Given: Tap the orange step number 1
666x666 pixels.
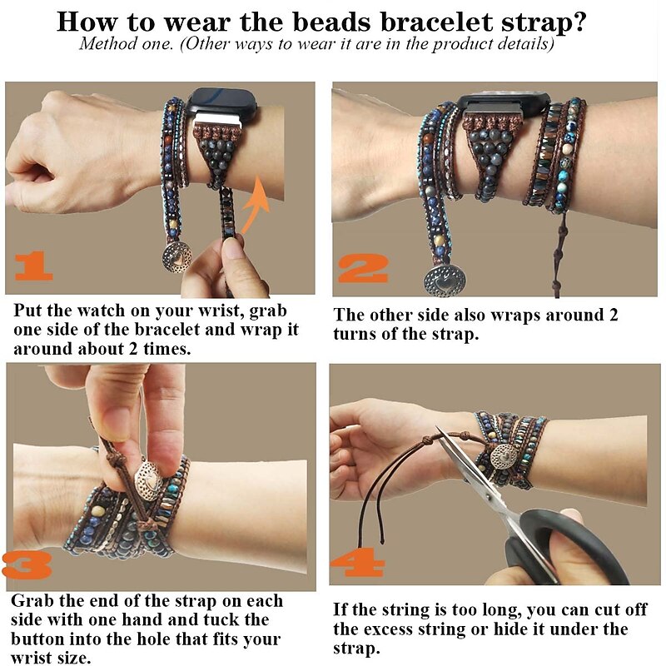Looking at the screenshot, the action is [x=34, y=266].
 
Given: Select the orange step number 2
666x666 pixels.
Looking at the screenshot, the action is [x=363, y=268].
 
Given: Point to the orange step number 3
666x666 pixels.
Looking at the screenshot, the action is [x=27, y=565].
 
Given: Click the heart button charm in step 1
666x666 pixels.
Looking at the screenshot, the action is [x=176, y=256].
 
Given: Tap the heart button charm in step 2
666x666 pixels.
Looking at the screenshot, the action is [x=445, y=281].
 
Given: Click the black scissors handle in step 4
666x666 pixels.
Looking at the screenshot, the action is [x=565, y=548].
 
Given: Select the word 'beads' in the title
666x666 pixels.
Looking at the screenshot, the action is [x=331, y=22].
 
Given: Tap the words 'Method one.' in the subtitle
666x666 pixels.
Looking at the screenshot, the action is [x=127, y=44].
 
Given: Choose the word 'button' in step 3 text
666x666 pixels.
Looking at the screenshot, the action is [x=37, y=639].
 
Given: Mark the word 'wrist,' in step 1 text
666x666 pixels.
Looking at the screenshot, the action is [x=221, y=311].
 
